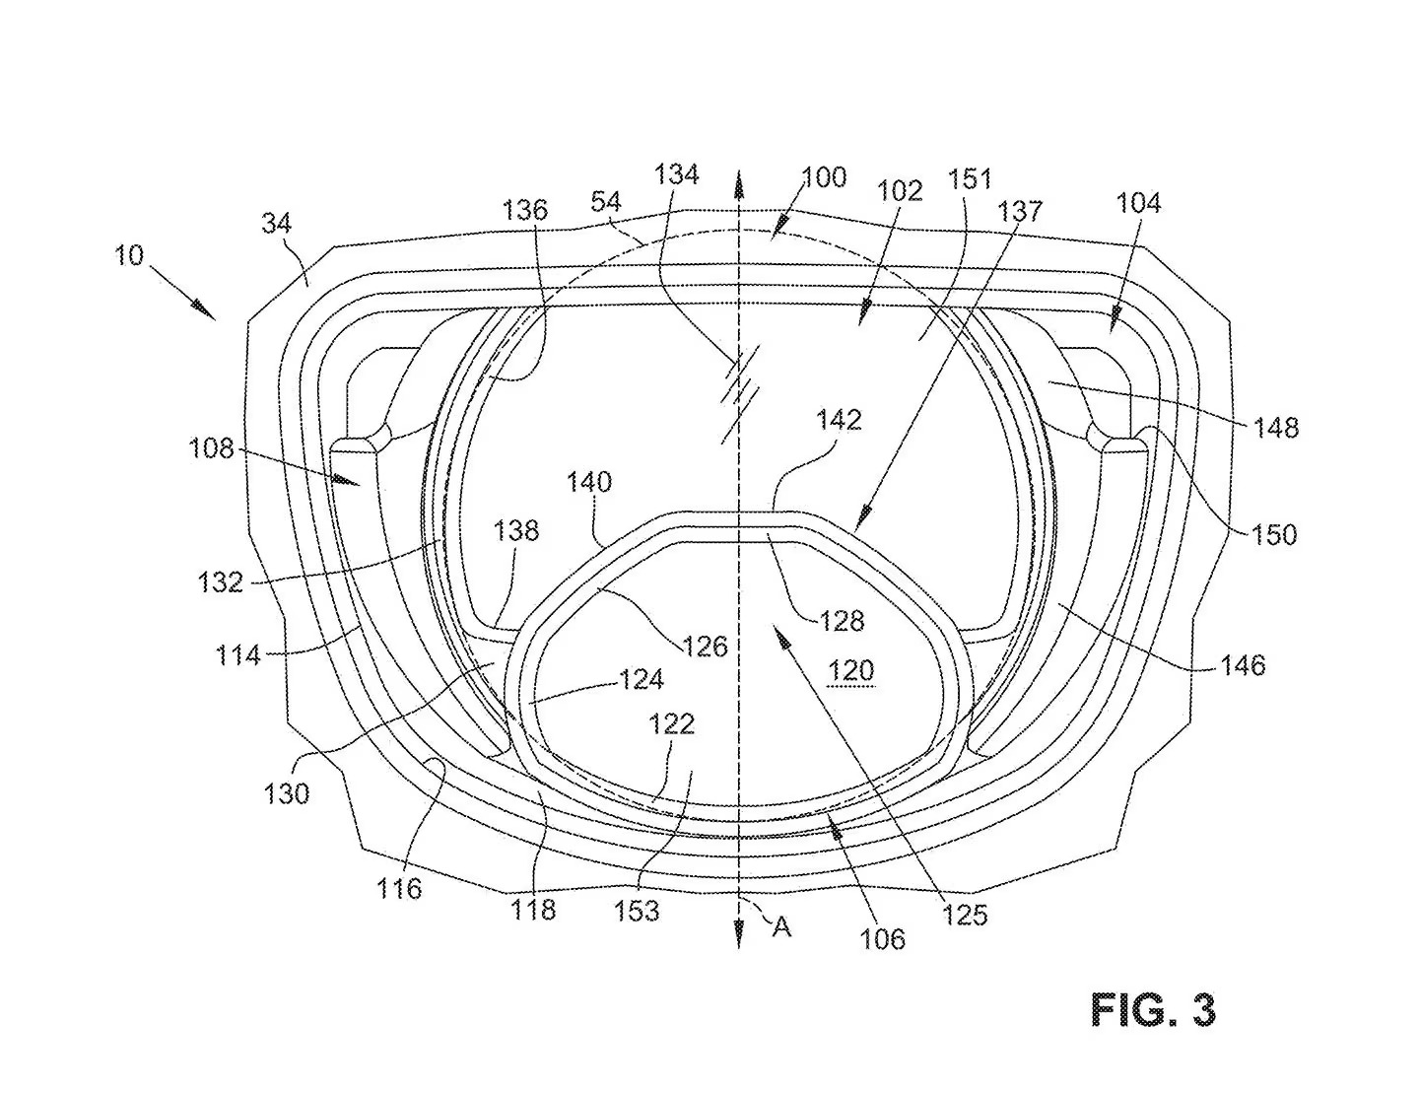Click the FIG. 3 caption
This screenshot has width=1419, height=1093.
tap(1153, 1010)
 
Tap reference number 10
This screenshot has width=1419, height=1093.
tap(129, 254)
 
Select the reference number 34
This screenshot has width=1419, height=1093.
tap(276, 224)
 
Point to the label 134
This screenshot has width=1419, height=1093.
tap(677, 174)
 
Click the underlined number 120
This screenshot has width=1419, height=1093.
tap(850, 670)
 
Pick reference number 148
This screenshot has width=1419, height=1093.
tap(1275, 428)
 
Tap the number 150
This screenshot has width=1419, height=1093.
tap(1273, 535)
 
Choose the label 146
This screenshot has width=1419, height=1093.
tap(1242, 665)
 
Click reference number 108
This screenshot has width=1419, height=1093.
tap(211, 448)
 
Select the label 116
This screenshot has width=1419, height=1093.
tap(399, 888)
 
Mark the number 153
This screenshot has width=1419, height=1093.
tap(637, 911)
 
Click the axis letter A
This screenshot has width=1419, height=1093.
tap(781, 926)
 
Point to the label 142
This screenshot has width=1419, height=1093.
tap(839, 419)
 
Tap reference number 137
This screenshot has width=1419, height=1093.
tap(1020, 211)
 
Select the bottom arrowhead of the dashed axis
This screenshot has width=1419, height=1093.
tap(738, 936)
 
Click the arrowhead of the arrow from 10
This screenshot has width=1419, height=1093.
tap(204, 310)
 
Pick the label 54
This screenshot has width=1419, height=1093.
tap(605, 202)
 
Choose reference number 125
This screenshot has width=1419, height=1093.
tap(965, 916)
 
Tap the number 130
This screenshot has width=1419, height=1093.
tap(286, 794)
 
